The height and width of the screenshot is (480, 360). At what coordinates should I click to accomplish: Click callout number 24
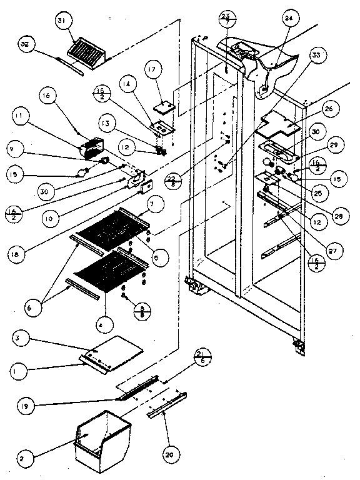pyautogui.click(x=288, y=19)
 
